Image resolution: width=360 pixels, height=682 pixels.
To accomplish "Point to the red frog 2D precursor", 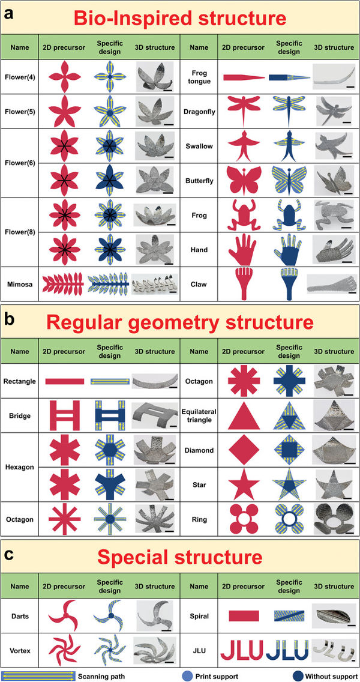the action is click(x=243, y=215).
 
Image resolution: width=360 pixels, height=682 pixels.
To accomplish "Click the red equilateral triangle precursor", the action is click(x=244, y=417).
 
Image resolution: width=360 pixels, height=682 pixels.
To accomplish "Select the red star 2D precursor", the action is click(x=244, y=484).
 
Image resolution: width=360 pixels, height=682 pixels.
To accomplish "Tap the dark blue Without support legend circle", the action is click(x=298, y=676).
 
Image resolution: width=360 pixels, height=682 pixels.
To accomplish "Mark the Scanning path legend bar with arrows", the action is click(x=40, y=676).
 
